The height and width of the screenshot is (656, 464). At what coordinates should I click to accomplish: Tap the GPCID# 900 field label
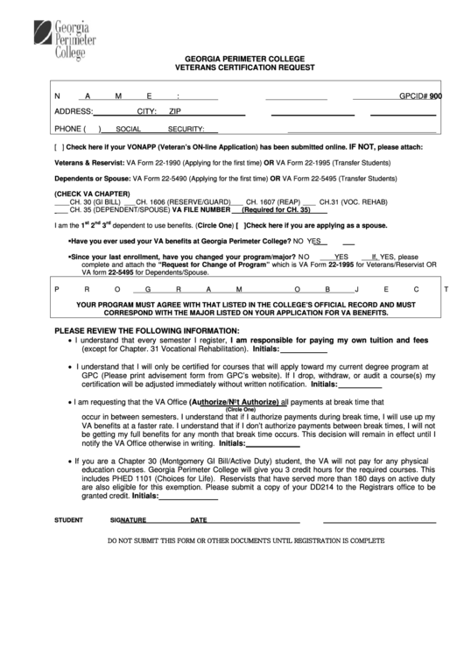coord(420,97)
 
